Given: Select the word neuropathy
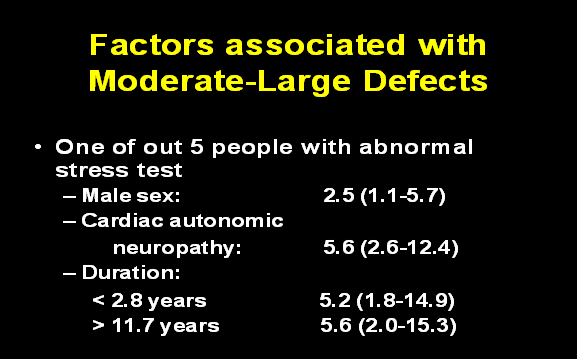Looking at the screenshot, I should pos(177,246).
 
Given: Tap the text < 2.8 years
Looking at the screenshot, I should pos(147,298).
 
